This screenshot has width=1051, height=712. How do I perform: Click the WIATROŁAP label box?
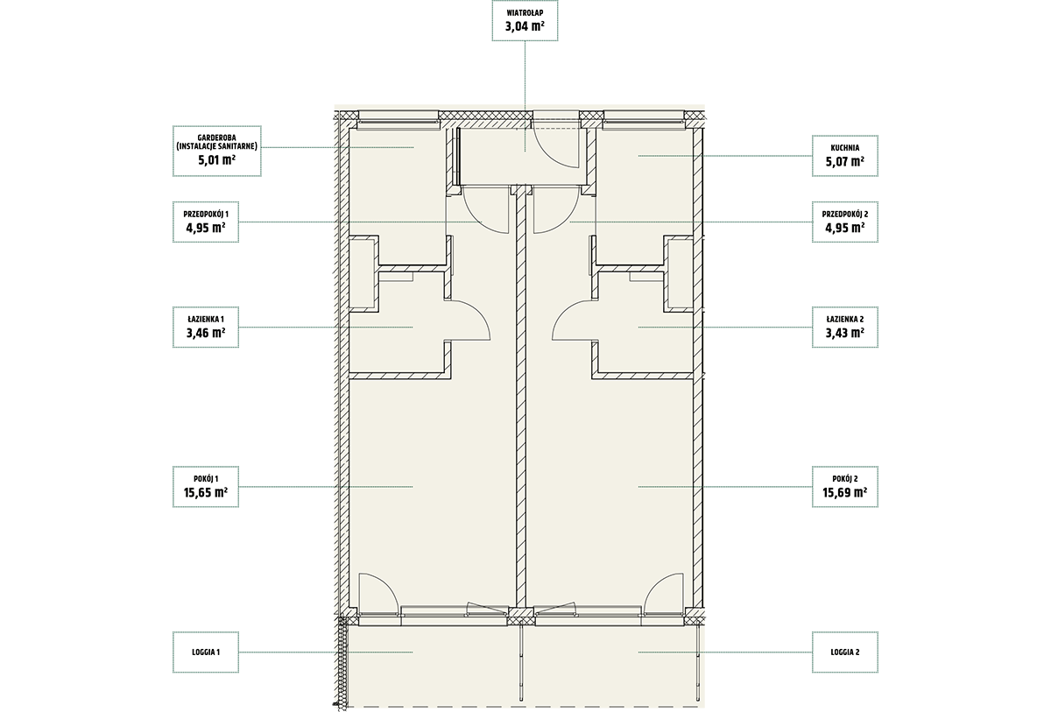pos(525,20)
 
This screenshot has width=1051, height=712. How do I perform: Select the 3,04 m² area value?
pos(525,25)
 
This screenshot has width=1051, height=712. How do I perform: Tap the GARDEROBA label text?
pos(216,137)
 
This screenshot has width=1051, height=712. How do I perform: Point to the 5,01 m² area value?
pos(216,160)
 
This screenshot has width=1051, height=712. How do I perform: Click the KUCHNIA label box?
pos(845,156)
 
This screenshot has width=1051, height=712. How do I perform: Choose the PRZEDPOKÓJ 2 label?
pos(845,214)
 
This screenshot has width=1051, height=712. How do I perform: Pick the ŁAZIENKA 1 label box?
pos(206,327)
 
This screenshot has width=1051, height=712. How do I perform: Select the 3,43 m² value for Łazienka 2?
pos(845,333)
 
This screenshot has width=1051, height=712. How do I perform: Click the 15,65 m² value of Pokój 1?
pos(206,492)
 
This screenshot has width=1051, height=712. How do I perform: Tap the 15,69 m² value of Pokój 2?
pos(844,492)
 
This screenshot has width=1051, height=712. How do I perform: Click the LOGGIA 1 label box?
pos(206,652)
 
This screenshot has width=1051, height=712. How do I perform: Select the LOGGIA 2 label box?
pos(845,652)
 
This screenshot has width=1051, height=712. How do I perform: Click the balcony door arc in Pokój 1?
pos(386,584)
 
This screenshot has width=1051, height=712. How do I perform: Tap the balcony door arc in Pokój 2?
pos(656,584)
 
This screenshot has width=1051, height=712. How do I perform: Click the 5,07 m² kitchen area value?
pos(845,161)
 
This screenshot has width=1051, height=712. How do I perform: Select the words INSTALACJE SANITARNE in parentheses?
pos(217,146)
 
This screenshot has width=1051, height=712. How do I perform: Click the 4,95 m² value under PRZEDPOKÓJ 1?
pos(206,228)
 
